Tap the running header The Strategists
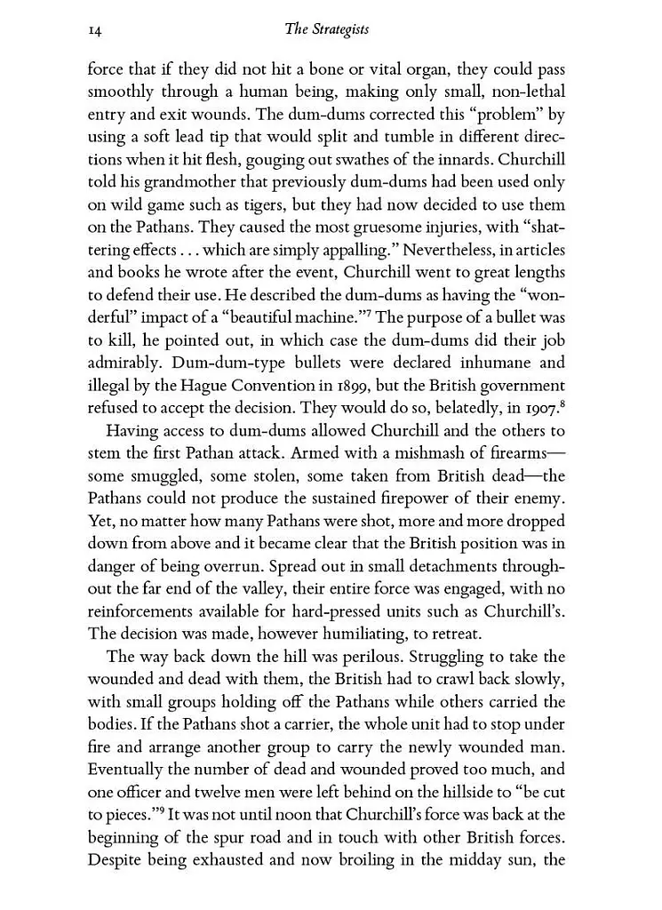point(326,29)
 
